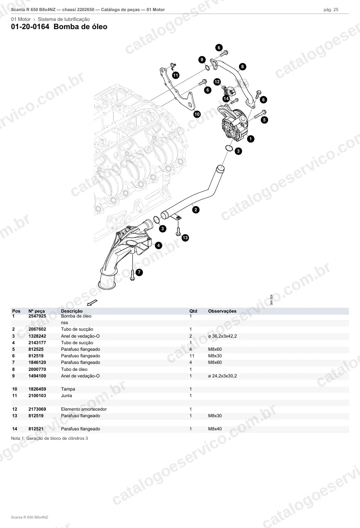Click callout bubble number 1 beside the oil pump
tap(251, 139)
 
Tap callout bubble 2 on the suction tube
tap(196, 210)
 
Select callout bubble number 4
tap(158, 245)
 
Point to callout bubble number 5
tap(264, 120)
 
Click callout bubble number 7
tap(139, 272)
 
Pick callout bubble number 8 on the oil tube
tap(242, 67)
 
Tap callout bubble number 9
tap(202, 59)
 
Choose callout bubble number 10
tap(197, 114)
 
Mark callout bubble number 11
tap(175, 75)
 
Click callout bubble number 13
tap(185, 238)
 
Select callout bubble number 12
tap(217, 82)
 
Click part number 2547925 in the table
tap(37, 316)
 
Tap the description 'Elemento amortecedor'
tap(84, 409)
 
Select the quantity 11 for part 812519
tap(192, 356)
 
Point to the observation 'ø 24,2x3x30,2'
tap(222, 376)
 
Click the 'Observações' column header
tap(222, 311)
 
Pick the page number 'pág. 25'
tap(331, 10)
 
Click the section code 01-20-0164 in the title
tap(30, 27)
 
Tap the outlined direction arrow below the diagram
tap(92, 302)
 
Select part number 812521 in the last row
tap(36, 429)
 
